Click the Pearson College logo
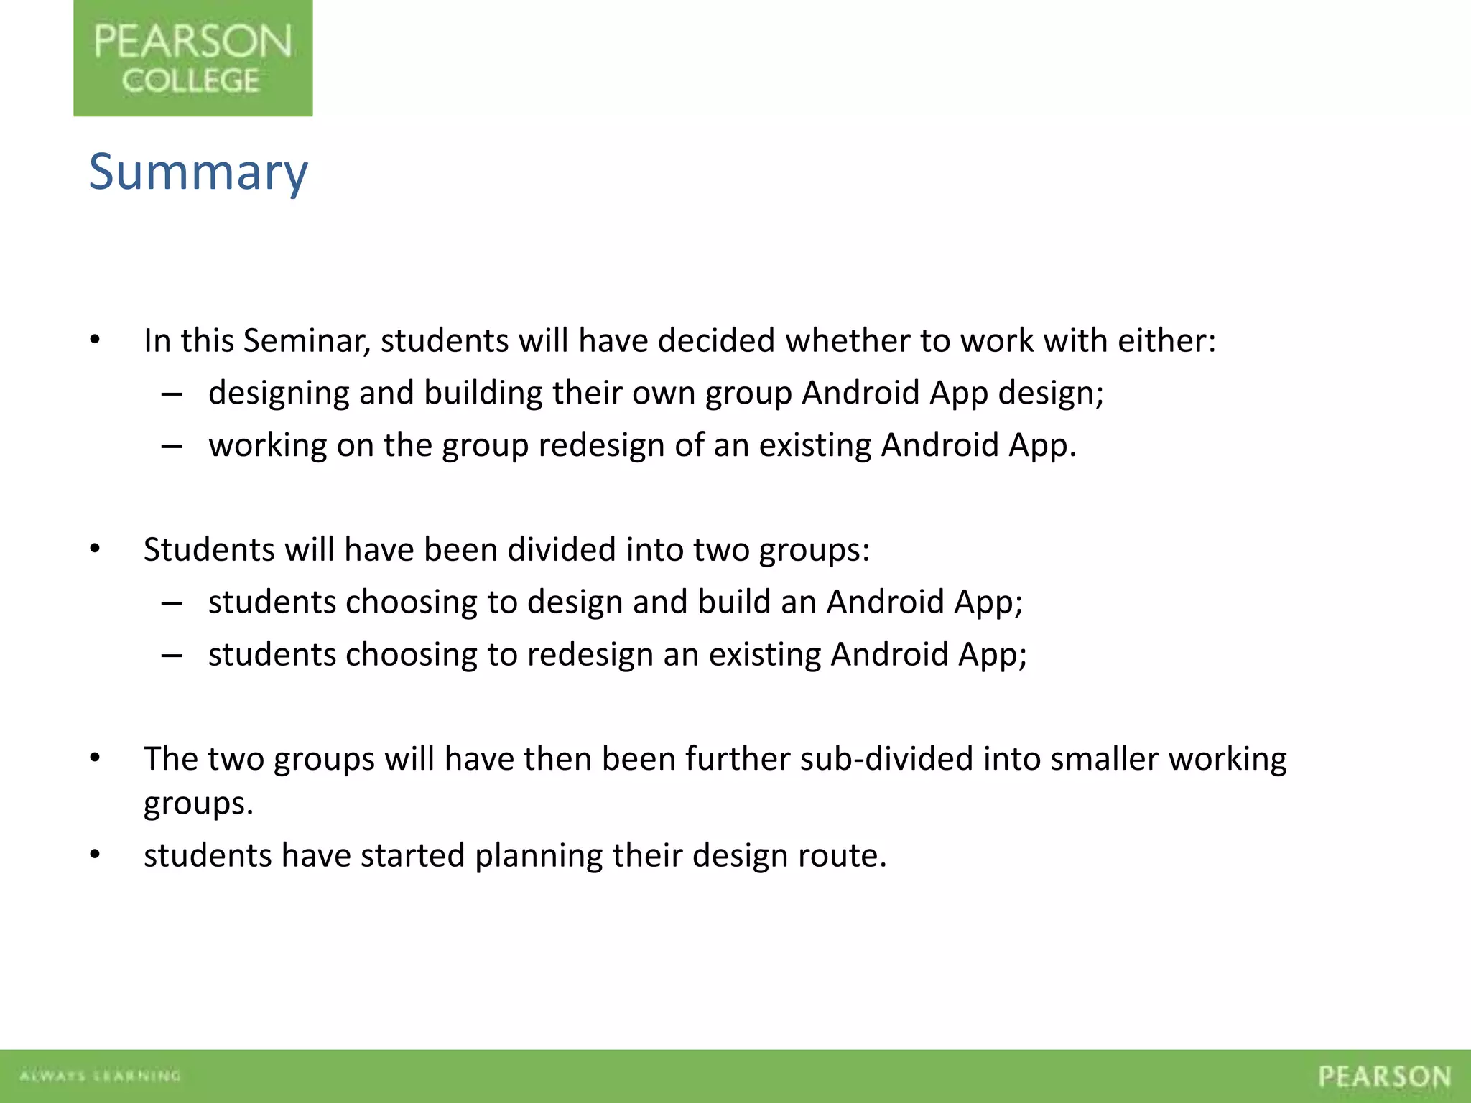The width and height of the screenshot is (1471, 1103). click(x=192, y=58)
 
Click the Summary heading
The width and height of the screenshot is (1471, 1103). click(x=198, y=172)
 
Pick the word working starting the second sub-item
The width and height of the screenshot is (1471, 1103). click(x=267, y=446)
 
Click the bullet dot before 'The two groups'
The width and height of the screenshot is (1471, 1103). click(x=95, y=758)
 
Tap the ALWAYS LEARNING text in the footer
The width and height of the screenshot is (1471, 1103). click(x=100, y=1076)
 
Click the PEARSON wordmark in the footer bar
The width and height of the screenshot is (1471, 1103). click(x=1384, y=1076)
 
